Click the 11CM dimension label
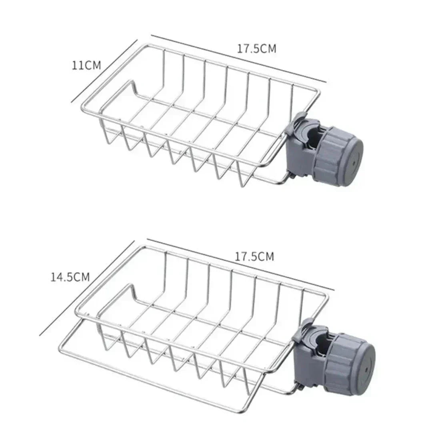point(86,65)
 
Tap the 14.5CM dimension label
point(70,277)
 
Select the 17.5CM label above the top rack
point(256,49)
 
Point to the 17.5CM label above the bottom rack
point(254,256)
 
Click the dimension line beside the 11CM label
point(105,70)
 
